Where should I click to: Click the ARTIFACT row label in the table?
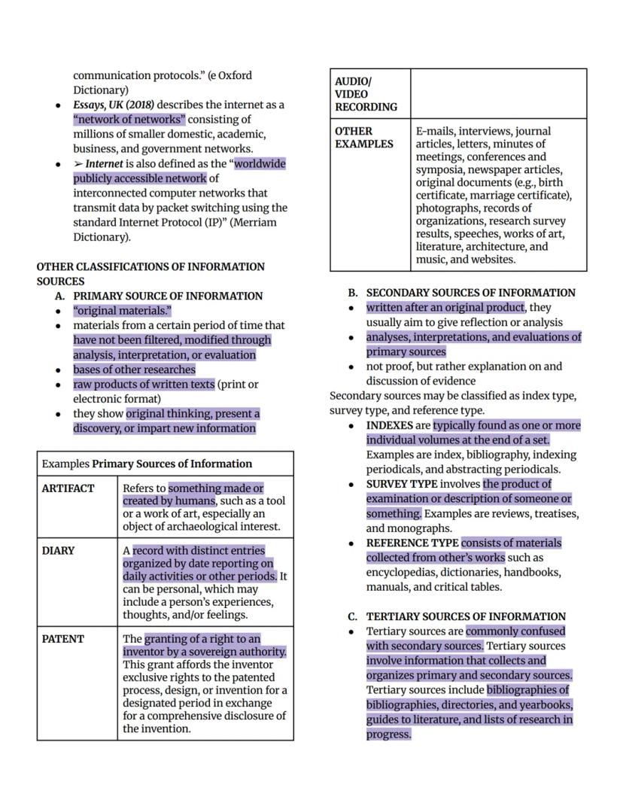click(x=68, y=488)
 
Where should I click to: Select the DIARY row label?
click(x=58, y=550)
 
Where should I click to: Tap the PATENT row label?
click(x=62, y=639)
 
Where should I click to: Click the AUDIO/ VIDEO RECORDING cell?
click(x=366, y=94)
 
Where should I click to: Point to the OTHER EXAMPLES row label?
click(x=364, y=137)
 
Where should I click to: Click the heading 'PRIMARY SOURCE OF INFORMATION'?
click(x=168, y=296)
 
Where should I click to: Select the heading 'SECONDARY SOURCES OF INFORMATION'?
click(x=470, y=293)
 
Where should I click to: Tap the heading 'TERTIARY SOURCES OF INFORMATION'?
click(x=466, y=616)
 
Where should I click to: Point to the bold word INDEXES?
click(x=389, y=425)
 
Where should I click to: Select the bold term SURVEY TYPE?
click(x=402, y=484)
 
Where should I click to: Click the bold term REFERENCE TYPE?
click(x=412, y=543)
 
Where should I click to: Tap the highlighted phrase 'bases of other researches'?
click(x=134, y=370)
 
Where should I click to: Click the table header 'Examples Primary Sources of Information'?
click(x=147, y=464)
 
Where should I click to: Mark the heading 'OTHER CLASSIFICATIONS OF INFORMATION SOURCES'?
click(x=150, y=273)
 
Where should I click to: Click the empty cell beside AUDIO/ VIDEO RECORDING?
click(x=498, y=94)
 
